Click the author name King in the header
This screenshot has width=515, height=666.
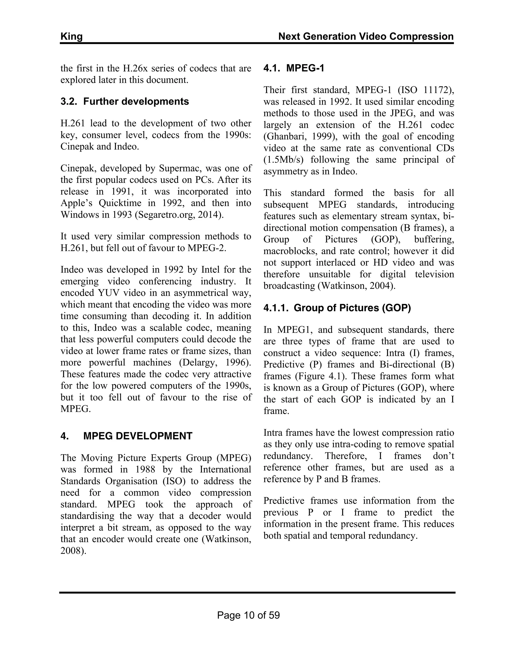(x=71, y=37)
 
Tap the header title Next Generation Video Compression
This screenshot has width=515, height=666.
(x=366, y=37)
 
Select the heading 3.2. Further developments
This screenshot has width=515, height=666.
(x=125, y=102)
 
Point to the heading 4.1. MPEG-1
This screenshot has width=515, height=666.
(x=294, y=68)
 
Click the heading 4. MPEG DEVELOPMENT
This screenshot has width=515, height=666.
(x=126, y=436)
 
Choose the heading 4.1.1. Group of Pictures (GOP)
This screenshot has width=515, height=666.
(x=337, y=308)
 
